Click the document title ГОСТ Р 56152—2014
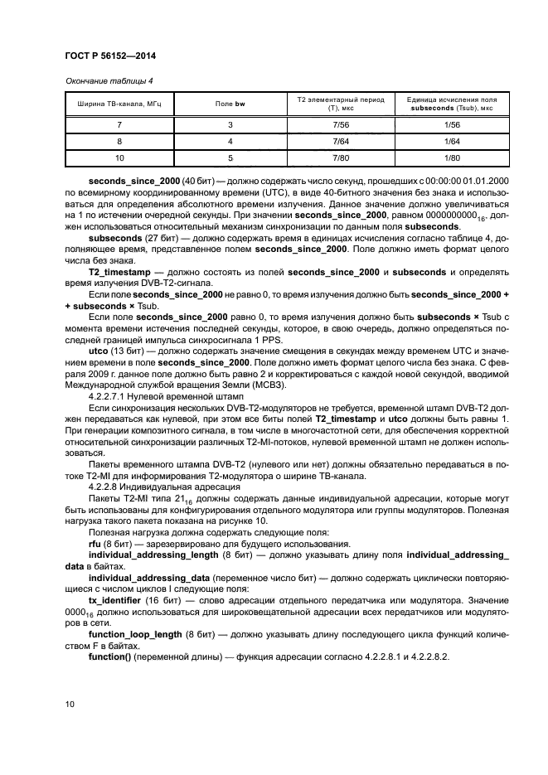coord(110,56)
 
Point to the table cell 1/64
coord(452,141)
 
